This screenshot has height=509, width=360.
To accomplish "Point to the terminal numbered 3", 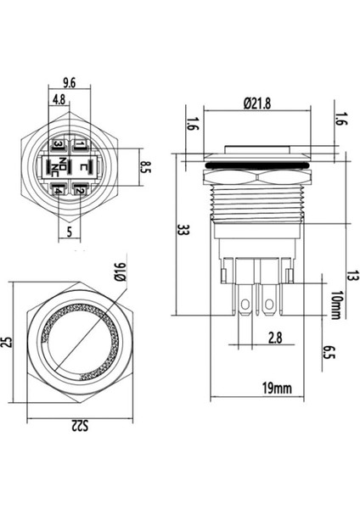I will coord(58,145).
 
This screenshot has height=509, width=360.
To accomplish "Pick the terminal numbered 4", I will coord(58,190).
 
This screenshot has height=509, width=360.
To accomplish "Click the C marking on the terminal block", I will coord(79,167).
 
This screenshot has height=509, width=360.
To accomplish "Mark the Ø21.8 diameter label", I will coord(258,103).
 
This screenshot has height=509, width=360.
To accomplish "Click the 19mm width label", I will coord(276,389).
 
